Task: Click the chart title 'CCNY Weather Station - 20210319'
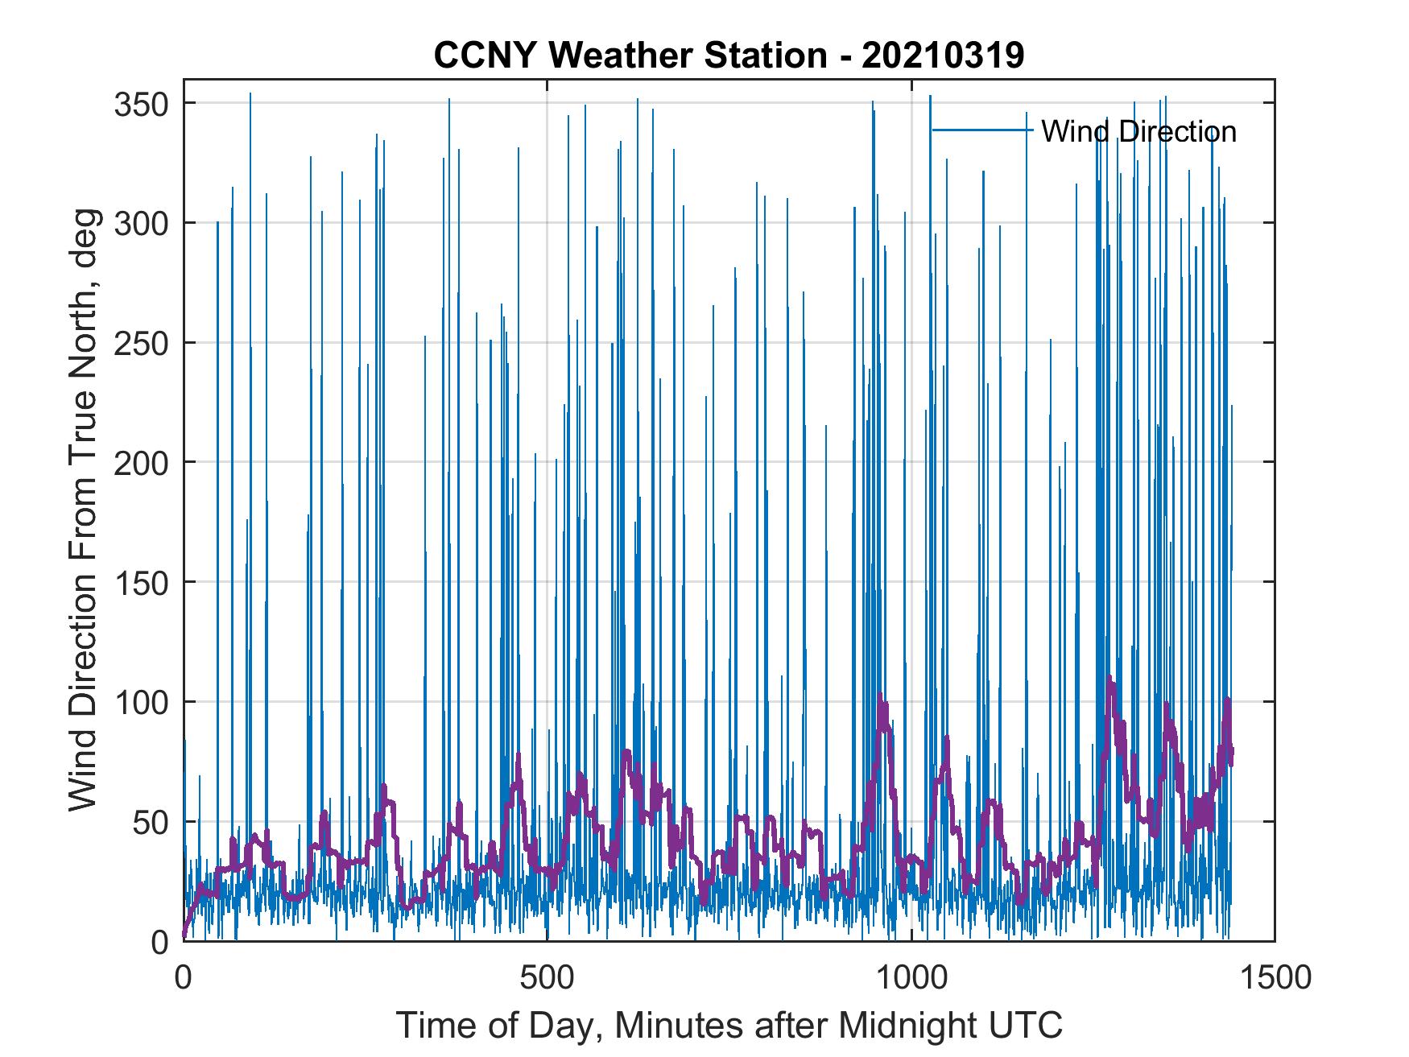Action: tap(729, 56)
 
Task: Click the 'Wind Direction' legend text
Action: tap(1138, 131)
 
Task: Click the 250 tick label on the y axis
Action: tap(141, 343)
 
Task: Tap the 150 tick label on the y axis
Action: tap(141, 582)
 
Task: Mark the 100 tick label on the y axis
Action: tap(141, 702)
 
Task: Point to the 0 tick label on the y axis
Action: tap(159, 941)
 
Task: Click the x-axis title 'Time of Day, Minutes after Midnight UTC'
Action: tap(729, 1026)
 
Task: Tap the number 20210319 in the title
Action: tap(943, 56)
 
